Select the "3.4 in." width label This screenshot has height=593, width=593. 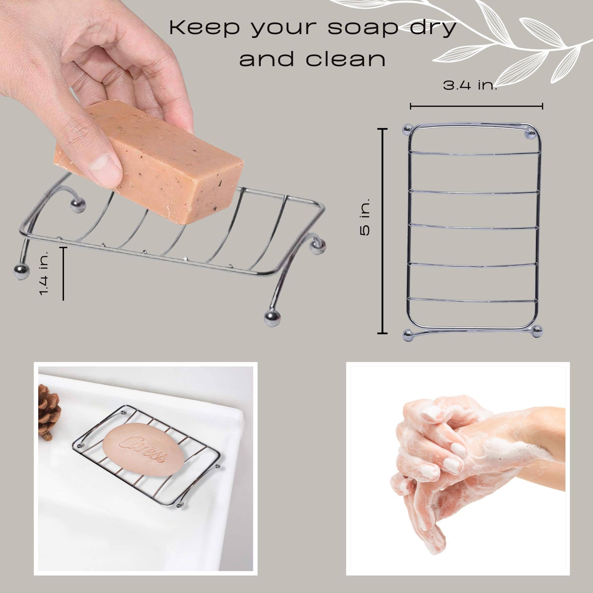click(470, 86)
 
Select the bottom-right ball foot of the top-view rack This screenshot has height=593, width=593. click(537, 332)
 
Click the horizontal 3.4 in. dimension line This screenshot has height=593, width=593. click(476, 106)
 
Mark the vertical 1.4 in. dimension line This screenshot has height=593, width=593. click(63, 273)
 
